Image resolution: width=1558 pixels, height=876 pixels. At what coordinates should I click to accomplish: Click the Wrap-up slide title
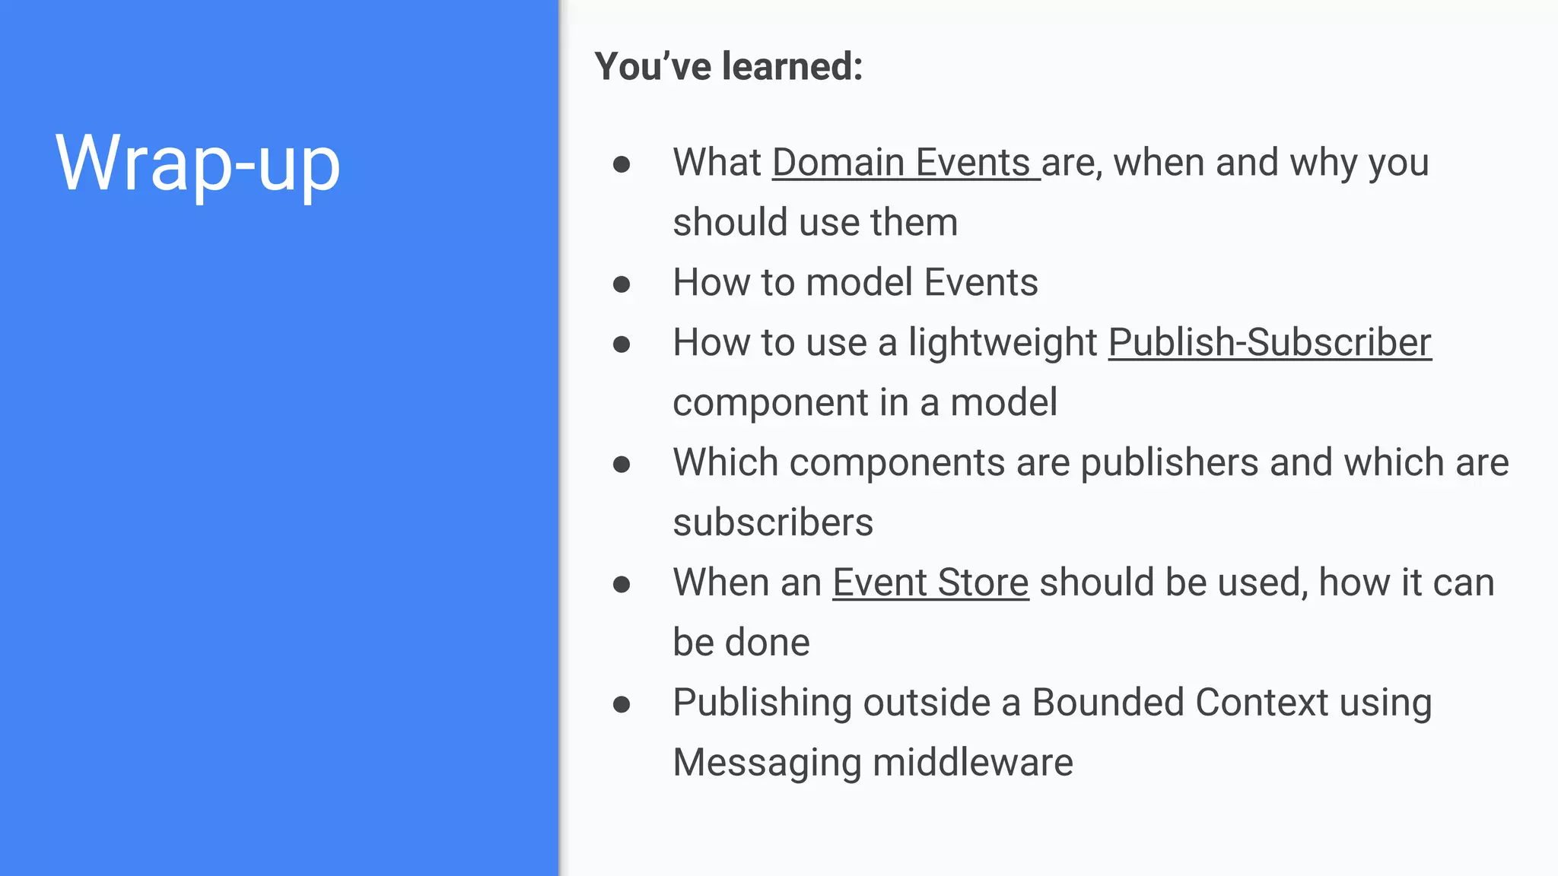tap(198, 163)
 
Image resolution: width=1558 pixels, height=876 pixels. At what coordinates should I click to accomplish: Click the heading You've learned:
tap(728, 66)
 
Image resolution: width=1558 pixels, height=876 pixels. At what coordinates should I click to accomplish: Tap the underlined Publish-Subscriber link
tap(1270, 342)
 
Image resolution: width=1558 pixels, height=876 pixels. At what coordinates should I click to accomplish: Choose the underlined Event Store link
tap(930, 582)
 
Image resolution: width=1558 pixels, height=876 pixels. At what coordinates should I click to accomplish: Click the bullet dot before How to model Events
tap(622, 284)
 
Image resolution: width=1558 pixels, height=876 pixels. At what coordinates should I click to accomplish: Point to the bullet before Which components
tap(622, 464)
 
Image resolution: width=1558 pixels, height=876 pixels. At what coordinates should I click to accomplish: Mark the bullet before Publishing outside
tap(622, 704)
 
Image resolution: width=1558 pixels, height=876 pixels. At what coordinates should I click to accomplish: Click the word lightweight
tap(1002, 344)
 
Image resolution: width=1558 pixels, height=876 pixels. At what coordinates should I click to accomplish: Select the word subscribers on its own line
tap(773, 522)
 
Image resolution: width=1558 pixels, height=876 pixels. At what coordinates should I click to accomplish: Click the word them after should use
tap(914, 223)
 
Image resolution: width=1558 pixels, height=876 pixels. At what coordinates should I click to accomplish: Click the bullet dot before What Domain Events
tap(622, 164)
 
